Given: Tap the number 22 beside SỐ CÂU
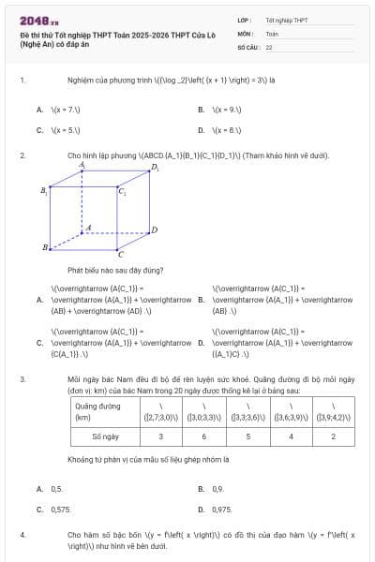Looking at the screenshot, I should point(269,46).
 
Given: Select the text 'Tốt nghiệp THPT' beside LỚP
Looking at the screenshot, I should point(287,19).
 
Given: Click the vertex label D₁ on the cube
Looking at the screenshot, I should point(156,169).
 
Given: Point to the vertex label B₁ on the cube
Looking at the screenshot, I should point(44,191).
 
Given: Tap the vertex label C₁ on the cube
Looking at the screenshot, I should point(122,191).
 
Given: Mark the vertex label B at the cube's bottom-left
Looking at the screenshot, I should point(45,247).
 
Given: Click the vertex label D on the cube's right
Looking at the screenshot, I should point(155,229).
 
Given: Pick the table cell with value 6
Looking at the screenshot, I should point(202,436).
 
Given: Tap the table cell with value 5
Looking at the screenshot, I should point(247,436).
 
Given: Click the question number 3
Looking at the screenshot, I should point(22,379).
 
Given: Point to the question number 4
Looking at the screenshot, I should point(22,534).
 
